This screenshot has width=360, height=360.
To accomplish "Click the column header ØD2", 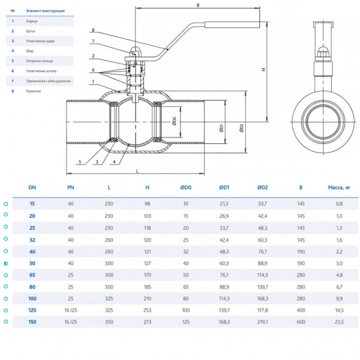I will [x=262, y=187].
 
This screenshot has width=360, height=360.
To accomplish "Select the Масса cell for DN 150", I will [x=339, y=322].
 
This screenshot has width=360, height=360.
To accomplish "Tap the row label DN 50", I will [x=32, y=263].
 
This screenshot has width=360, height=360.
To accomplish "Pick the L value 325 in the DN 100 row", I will [x=109, y=298].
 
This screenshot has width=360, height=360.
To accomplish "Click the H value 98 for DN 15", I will [x=147, y=204].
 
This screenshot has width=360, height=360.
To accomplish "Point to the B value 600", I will [x=301, y=322].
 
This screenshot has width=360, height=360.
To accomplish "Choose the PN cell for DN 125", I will [x=71, y=310].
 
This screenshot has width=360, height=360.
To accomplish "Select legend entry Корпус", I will [x=32, y=21].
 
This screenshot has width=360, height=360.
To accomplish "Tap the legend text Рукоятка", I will [x=34, y=91].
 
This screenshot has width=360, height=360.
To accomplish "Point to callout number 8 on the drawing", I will [x=93, y=30].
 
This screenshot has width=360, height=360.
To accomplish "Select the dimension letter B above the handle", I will [x=197, y=5].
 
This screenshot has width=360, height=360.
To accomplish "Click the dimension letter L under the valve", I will [x=137, y=171].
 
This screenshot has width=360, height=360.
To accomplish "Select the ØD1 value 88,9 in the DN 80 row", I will [x=223, y=287].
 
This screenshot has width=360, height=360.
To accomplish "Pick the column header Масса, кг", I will [x=339, y=187].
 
